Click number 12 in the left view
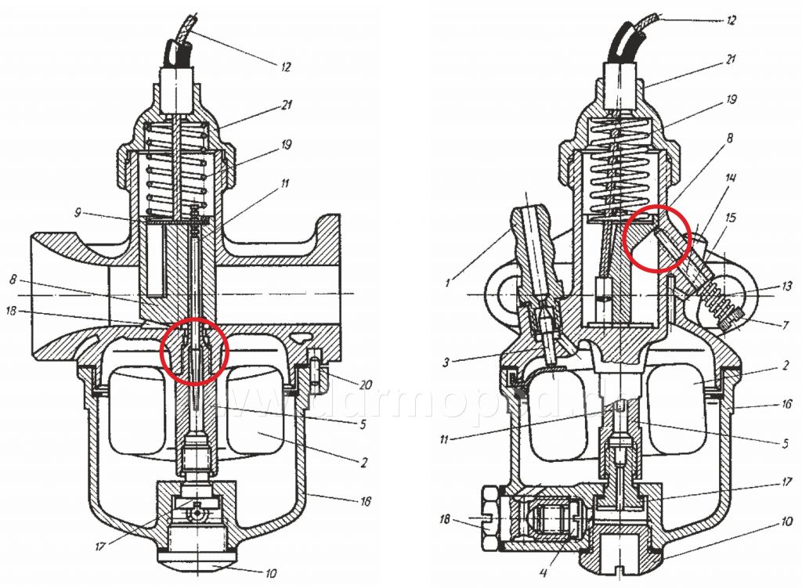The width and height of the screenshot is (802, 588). [x=285, y=68]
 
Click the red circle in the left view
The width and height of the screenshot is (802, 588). [x=194, y=352]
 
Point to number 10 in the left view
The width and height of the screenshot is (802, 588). [x=270, y=573]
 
